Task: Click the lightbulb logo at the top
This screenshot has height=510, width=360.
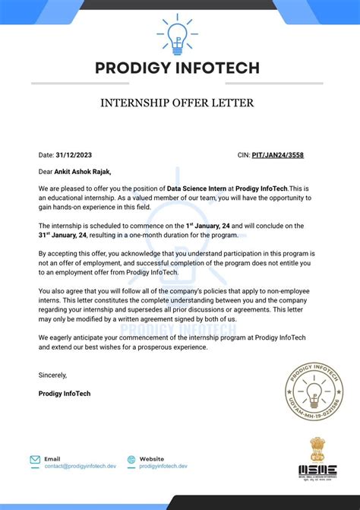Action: [179, 33]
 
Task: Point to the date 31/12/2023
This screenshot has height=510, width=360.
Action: [71, 155]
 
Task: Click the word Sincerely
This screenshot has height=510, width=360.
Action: [52, 375]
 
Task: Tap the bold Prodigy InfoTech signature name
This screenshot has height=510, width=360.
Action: [64, 393]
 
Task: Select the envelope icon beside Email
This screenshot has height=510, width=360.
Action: [35, 460]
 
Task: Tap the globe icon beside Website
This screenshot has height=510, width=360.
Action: [131, 460]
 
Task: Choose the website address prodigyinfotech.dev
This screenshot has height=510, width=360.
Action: [163, 466]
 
